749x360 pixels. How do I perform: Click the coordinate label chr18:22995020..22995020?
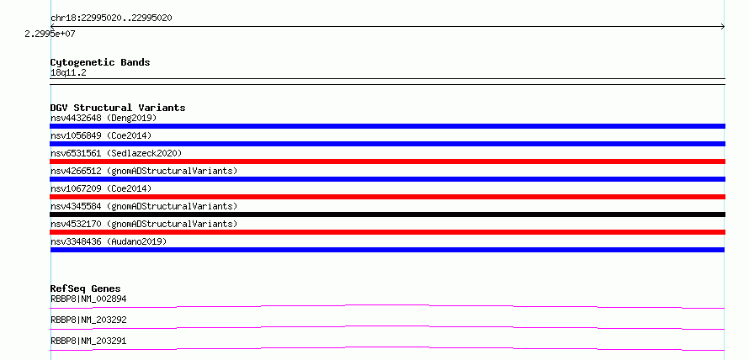click(111, 19)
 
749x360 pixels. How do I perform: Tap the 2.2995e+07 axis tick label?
click(50, 34)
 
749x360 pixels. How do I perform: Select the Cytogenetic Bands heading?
click(100, 62)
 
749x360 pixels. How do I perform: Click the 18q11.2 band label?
click(68, 73)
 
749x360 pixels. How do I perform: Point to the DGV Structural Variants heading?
click(118, 108)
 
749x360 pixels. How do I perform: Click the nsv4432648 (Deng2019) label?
click(104, 118)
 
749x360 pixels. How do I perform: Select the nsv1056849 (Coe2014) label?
click(101, 135)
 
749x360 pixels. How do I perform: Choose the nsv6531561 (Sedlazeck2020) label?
click(116, 153)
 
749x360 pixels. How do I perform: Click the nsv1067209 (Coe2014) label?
click(101, 188)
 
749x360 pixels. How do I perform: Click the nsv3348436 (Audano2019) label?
click(109, 241)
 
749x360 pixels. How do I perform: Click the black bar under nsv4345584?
click(387, 214)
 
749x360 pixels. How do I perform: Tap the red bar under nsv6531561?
click(387, 161)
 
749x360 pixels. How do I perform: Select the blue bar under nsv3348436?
click(387, 250)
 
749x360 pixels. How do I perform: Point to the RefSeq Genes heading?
click(85, 289)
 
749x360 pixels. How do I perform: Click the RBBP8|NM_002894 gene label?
click(88, 299)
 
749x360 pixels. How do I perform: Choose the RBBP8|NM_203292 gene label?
click(88, 320)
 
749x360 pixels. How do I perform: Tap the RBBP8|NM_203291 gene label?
click(88, 341)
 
